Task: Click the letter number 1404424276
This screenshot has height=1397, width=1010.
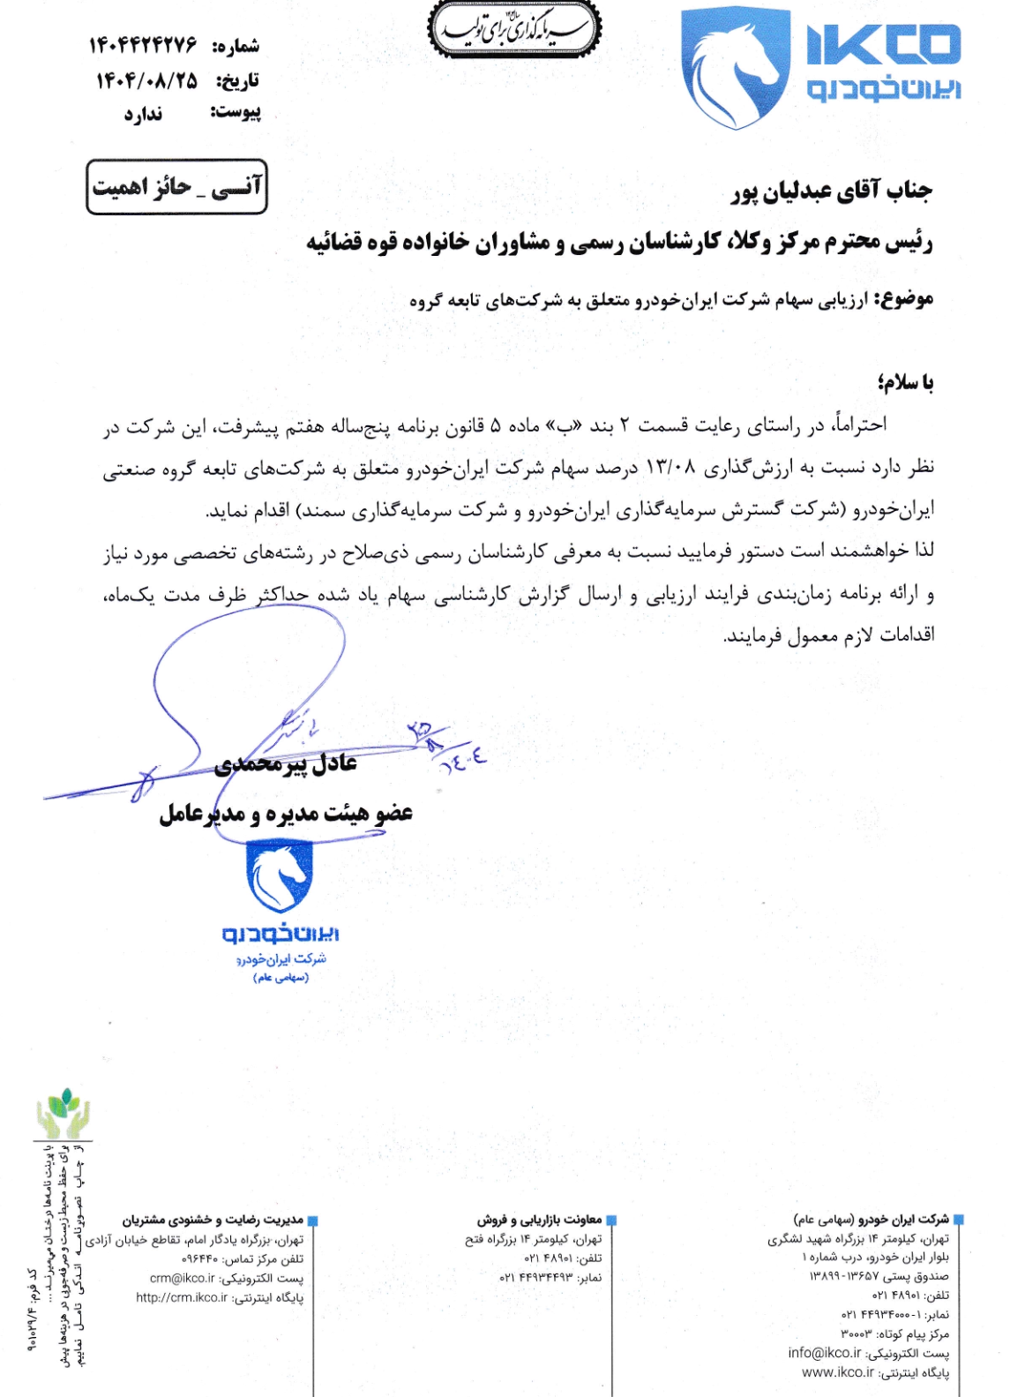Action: [x=143, y=45]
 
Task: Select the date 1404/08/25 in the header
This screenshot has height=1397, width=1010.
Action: [x=146, y=80]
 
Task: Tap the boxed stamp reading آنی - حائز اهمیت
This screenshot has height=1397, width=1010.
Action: [x=176, y=186]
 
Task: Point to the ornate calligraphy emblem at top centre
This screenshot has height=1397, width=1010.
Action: [x=514, y=30]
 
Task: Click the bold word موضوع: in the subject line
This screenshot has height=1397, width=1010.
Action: [x=903, y=299]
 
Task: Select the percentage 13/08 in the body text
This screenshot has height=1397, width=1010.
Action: [x=671, y=466]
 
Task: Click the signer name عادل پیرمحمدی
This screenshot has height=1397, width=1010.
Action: [x=286, y=762]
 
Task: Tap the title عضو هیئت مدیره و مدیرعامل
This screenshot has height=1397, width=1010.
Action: [x=286, y=813]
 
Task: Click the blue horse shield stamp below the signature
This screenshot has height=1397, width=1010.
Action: [x=279, y=875]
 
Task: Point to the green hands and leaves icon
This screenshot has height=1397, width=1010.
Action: [x=63, y=1114]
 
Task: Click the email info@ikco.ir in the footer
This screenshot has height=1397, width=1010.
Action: [x=824, y=1353]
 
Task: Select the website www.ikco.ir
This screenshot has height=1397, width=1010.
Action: [x=837, y=1372]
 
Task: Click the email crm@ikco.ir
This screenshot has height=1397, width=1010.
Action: [x=183, y=1278]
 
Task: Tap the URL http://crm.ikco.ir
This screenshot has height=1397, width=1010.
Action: [x=182, y=1297]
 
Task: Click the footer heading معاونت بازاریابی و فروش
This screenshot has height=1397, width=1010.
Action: [x=539, y=1220]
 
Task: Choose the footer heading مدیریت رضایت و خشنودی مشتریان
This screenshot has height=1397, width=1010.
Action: [x=213, y=1220]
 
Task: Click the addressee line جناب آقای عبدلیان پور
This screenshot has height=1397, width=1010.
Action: [x=831, y=191]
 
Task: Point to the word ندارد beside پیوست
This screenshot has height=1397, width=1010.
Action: [x=143, y=114]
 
